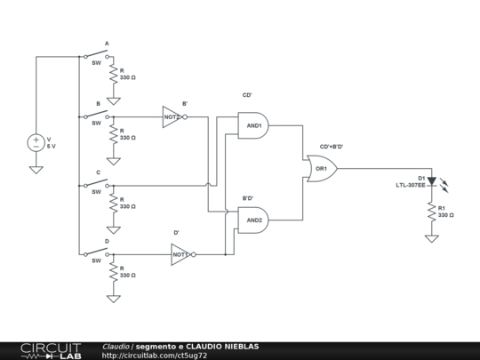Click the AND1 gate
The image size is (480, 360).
click(253, 125)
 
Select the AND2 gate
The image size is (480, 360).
click(253, 220)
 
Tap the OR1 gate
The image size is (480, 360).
click(322, 169)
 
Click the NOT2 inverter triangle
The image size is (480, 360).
click(172, 117)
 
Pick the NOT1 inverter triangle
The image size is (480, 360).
click(180, 254)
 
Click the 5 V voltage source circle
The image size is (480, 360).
click(36, 143)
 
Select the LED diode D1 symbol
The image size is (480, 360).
click(432, 181)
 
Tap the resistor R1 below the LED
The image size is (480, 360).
click(432, 212)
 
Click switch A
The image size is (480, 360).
click(96, 54)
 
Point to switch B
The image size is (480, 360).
click(96, 115)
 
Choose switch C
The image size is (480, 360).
click(96, 183)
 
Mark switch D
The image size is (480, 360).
click(96, 252)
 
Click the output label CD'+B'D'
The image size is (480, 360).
click(332, 147)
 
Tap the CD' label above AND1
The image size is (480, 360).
click(247, 95)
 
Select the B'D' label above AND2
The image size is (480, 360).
click(248, 198)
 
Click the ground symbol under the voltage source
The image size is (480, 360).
click(36, 170)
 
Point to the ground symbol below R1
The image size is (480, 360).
click(432, 239)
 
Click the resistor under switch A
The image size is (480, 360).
click(114, 74)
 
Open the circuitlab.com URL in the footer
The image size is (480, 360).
click(155, 356)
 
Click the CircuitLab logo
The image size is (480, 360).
click(51, 351)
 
